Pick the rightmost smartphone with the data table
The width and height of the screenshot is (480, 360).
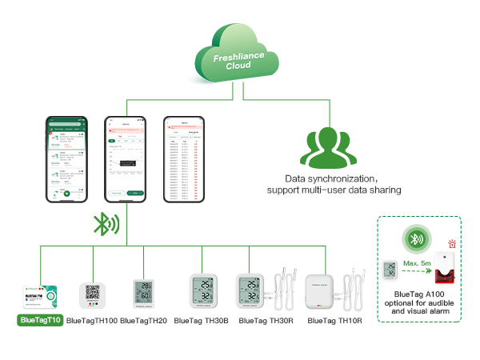click(185, 158)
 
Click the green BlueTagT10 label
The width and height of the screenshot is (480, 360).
click(40, 320)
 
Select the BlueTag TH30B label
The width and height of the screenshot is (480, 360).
click(201, 321)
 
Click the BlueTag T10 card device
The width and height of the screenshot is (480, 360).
click(41, 294)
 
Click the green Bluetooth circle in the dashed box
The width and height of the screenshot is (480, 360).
click(415, 238)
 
